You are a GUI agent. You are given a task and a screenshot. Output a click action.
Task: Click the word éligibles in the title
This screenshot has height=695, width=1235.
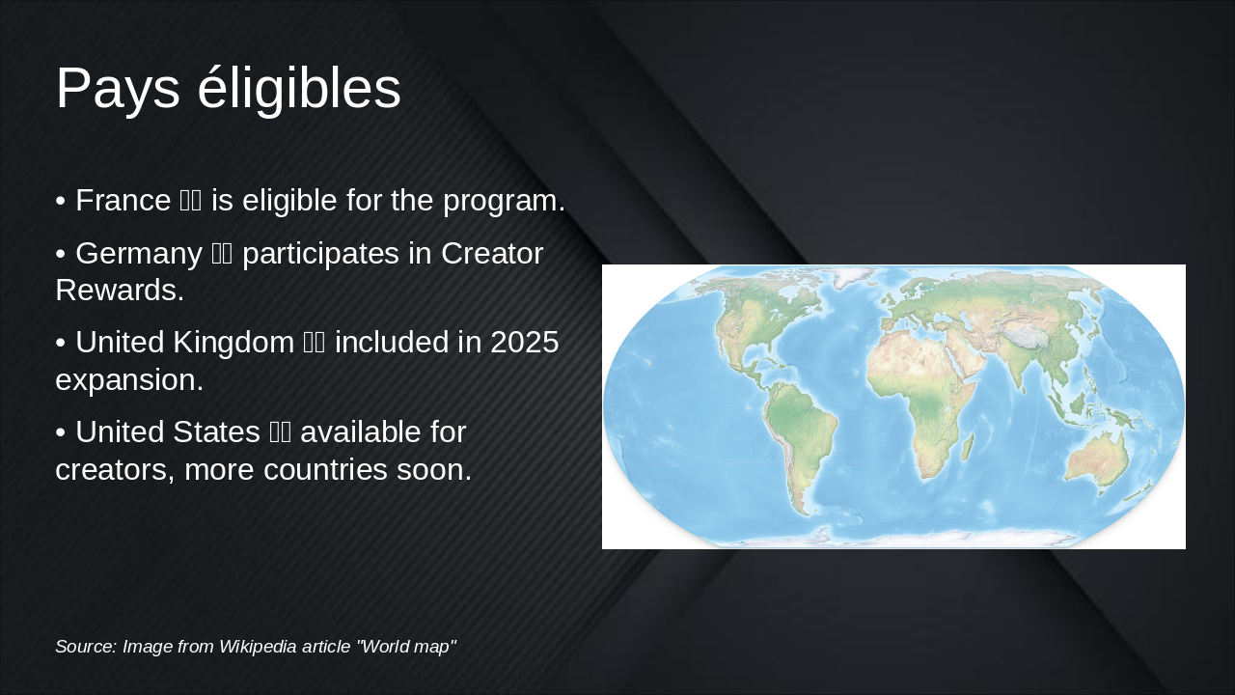pos(299,89)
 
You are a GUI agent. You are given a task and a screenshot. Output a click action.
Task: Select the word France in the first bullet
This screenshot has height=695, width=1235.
pos(123,201)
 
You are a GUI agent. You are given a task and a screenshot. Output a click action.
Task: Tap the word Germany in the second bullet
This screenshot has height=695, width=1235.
pos(138,254)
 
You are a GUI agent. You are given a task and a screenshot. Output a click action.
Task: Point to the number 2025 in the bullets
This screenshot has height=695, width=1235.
pos(524,343)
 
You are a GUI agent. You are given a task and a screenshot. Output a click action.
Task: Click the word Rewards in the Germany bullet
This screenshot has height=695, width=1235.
pos(119,290)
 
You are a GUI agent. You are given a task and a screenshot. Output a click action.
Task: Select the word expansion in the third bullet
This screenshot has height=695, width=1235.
pos(128,380)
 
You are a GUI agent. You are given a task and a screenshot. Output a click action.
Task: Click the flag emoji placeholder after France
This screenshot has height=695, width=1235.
pos(190,201)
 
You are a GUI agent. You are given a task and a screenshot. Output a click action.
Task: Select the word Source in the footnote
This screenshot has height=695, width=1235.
pos(84,647)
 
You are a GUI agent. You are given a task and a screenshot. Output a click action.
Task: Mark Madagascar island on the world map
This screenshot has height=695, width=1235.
pos(968,447)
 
